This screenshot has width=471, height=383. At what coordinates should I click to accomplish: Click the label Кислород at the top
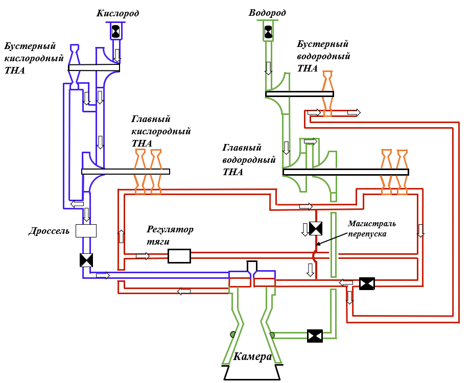tap(117, 13)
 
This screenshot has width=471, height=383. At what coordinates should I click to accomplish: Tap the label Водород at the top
tap(267, 13)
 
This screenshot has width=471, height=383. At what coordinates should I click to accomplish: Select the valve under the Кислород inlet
tap(116, 31)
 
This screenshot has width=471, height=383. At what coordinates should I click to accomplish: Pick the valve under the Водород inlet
tap(268, 31)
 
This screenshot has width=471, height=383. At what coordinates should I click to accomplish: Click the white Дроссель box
tap(86, 231)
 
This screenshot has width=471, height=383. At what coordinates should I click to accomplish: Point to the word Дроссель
tap(49, 231)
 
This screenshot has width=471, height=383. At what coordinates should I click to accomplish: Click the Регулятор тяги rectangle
tap(179, 256)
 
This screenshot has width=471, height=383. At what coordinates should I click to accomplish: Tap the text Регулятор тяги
tap(170, 235)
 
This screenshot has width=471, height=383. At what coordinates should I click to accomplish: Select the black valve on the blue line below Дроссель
tap(86, 260)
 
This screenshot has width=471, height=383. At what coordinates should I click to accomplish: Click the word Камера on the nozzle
tap(252, 356)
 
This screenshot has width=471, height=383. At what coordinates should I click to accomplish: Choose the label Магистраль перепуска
tap(372, 229)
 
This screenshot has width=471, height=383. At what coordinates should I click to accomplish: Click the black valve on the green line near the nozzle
tap(315, 336)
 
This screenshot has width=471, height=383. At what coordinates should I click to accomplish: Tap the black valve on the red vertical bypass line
tap(316, 229)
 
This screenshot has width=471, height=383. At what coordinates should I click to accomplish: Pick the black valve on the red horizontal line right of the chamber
tap(367, 283)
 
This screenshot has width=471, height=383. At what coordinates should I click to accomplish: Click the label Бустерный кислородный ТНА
tap(34, 58)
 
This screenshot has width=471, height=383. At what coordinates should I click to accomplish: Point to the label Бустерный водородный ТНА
tap(323, 56)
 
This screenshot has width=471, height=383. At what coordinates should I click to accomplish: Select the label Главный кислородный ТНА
tap(161, 131)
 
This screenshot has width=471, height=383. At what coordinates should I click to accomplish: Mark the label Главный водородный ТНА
tap(249, 159)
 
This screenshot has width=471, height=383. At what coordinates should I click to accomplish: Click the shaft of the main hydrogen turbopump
tap(346, 172)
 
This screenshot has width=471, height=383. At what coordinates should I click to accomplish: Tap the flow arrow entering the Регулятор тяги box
tap(143, 256)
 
